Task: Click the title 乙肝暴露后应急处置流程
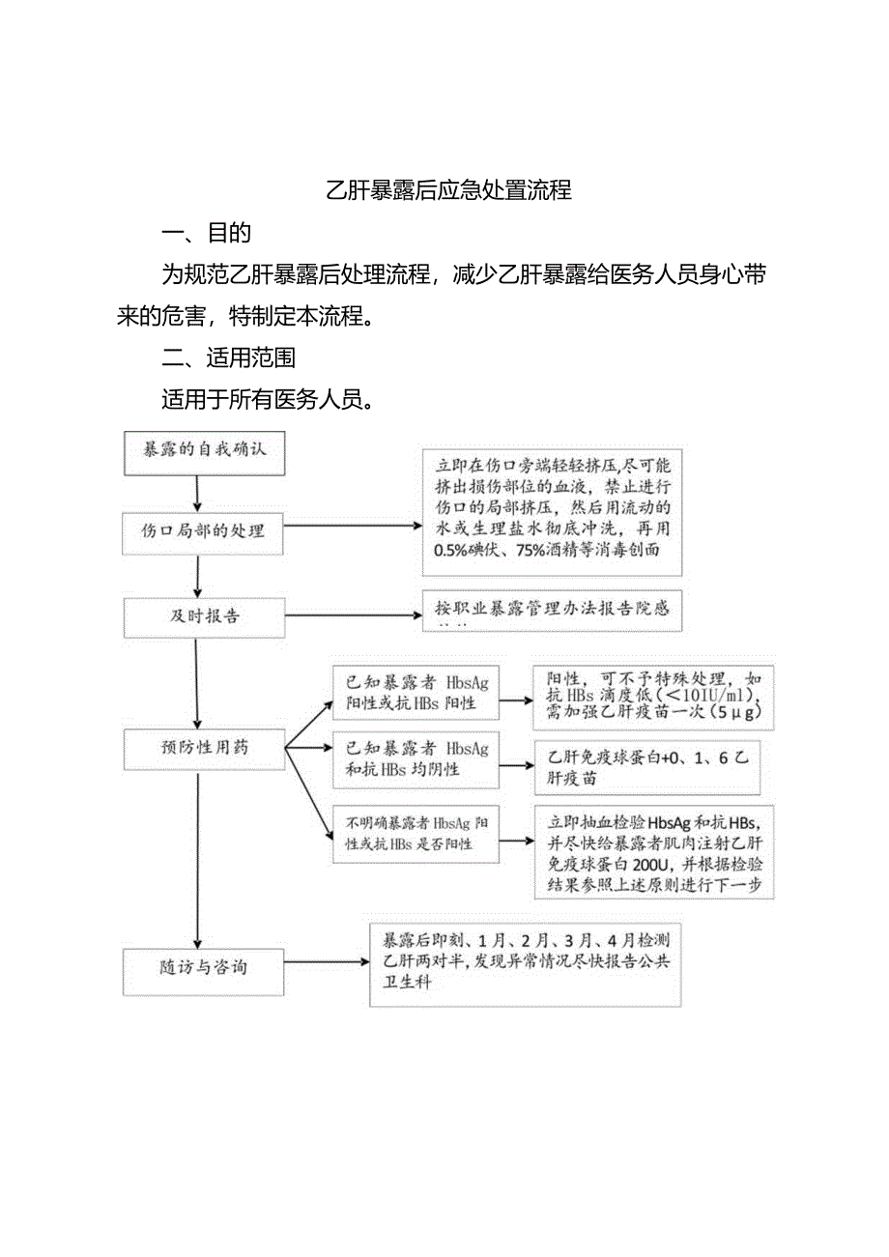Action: pyautogui.click(x=448, y=190)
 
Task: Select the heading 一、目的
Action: pyautogui.click(x=207, y=233)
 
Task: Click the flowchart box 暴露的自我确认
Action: pyautogui.click(x=205, y=452)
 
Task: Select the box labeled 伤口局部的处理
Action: pyautogui.click(x=204, y=530)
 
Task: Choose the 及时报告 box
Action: pyautogui.click(x=204, y=616)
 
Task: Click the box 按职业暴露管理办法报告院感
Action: pyautogui.click(x=552, y=611)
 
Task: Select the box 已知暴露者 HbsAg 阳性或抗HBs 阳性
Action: pyautogui.click(x=416, y=692)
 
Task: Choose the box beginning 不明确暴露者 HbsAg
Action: pyautogui.click(x=416, y=833)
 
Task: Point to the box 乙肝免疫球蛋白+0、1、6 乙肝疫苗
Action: pyautogui.click(x=646, y=767)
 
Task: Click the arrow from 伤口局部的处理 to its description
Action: pyautogui.click(x=353, y=527)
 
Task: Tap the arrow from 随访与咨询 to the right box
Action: pyautogui.click(x=327, y=962)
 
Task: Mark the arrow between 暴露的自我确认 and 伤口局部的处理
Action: pyautogui.click(x=197, y=494)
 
